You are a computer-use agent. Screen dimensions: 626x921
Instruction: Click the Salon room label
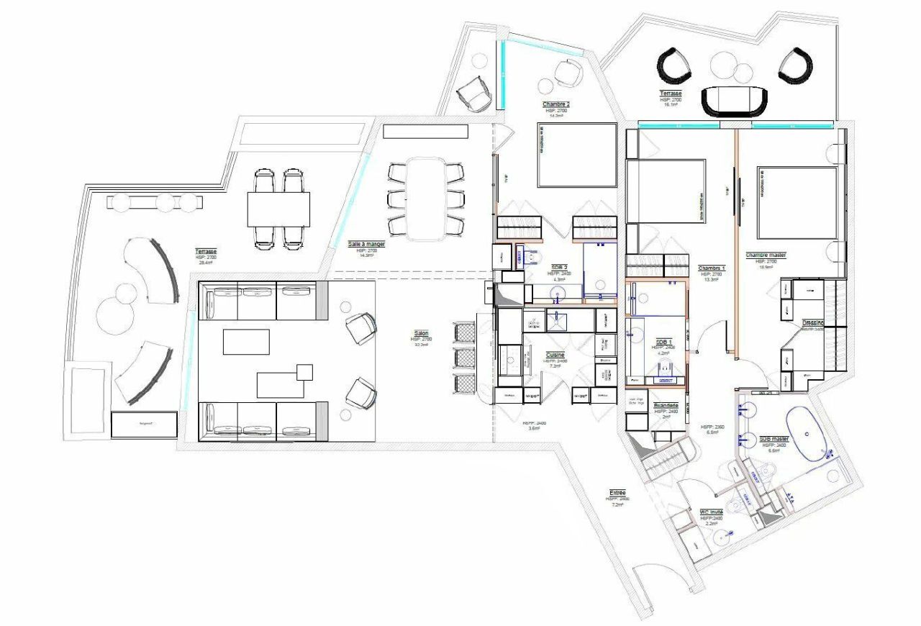421,334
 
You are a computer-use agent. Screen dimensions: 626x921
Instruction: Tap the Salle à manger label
367,244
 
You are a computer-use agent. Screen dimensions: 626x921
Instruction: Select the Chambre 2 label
556,105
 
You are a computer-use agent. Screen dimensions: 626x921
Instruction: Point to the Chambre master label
766,255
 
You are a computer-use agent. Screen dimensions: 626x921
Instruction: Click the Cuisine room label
555,355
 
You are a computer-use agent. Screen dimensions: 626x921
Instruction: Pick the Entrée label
617,493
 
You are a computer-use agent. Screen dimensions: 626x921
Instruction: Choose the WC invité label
712,512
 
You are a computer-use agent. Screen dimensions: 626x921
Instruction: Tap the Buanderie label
666,406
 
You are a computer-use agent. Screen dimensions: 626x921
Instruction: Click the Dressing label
812,324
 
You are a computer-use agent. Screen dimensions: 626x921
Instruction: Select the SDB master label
773,439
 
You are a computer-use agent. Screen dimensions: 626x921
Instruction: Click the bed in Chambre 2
577,155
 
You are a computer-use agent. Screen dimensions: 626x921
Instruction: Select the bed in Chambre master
797,203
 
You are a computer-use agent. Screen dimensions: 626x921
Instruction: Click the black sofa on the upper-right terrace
735,101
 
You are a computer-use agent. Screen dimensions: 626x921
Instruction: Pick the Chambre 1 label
712,268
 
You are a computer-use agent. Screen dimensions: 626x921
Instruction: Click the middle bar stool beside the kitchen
466,358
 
